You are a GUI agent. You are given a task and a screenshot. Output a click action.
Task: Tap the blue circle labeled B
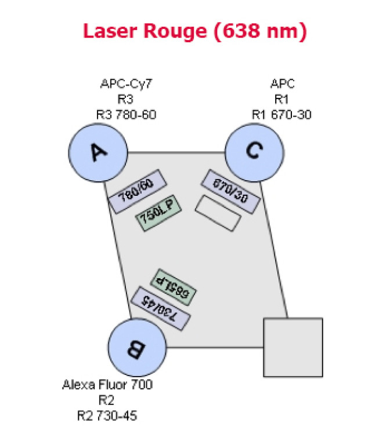[x=137, y=347]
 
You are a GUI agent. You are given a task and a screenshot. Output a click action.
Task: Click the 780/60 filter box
[x=138, y=192]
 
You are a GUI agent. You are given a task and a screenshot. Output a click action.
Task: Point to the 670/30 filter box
[x=230, y=191]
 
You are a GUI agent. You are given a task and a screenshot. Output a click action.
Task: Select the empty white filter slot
[x=218, y=213]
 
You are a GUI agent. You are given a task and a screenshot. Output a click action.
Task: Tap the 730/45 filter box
[x=161, y=308]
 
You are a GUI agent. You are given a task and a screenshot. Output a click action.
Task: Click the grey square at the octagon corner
[x=293, y=346]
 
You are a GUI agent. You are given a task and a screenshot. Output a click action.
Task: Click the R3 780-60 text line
[x=126, y=114]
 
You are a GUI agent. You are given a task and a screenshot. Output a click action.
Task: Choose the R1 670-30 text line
[x=282, y=114]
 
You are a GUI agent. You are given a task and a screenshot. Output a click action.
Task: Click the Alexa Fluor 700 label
[x=107, y=385]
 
